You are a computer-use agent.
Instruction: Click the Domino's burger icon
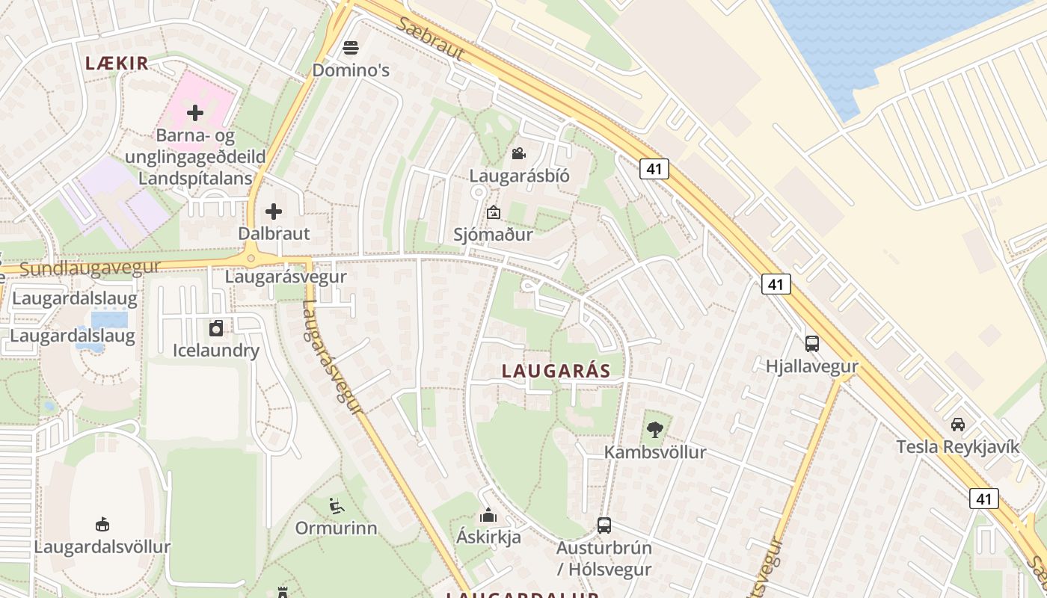click(x=351, y=49)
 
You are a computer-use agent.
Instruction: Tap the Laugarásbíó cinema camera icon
click(x=518, y=154)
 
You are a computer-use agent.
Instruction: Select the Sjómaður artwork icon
click(x=493, y=213)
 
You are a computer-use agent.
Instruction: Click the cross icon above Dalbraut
click(x=274, y=212)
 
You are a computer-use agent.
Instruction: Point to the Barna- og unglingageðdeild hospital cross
click(x=195, y=113)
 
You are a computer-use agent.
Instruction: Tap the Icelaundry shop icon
click(x=216, y=328)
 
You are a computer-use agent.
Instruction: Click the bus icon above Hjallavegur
click(x=811, y=344)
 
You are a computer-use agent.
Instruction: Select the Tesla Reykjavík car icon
click(x=957, y=425)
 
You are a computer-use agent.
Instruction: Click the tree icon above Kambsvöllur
click(x=655, y=430)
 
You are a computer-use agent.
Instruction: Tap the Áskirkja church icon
click(x=488, y=515)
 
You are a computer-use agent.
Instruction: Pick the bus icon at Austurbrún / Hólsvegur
click(x=604, y=525)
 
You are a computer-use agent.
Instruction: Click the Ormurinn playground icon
click(x=337, y=506)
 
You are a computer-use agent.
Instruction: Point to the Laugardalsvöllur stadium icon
click(x=102, y=524)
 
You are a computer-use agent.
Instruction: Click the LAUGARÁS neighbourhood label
click(x=556, y=371)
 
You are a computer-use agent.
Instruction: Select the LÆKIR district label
click(x=117, y=64)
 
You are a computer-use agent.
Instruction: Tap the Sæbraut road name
click(x=431, y=39)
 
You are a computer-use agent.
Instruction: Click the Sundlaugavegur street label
click(x=90, y=268)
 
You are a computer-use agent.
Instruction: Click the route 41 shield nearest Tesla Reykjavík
click(x=983, y=499)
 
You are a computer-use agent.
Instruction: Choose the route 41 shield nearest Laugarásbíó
click(x=654, y=169)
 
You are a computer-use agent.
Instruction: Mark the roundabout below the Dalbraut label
click(x=251, y=259)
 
